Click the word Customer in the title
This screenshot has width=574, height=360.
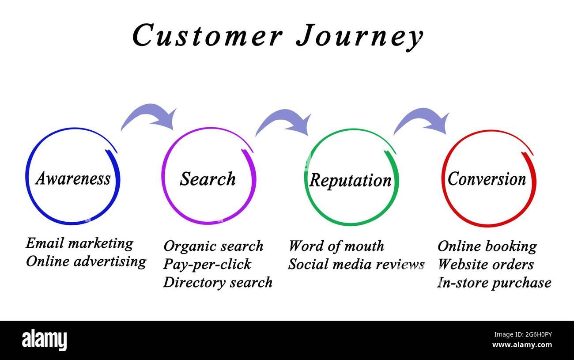(x=207, y=35)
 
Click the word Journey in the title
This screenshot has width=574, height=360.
(x=359, y=36)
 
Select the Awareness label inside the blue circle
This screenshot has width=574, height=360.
(x=73, y=178)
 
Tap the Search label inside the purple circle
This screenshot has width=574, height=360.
(x=208, y=179)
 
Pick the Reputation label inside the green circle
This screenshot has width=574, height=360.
(x=350, y=180)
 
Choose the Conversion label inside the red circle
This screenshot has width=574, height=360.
(x=487, y=179)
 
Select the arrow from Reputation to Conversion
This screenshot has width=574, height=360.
(x=423, y=121)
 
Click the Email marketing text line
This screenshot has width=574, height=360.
(x=79, y=243)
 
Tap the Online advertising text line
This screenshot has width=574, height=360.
(x=86, y=261)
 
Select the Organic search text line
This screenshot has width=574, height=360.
(x=213, y=246)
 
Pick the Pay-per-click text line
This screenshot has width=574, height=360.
(x=207, y=264)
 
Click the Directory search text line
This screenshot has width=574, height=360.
(x=218, y=282)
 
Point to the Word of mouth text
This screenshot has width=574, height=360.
(x=336, y=246)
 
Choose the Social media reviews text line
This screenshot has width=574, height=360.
(x=356, y=264)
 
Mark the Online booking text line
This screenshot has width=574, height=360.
(x=487, y=246)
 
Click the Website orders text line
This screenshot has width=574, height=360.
(x=485, y=264)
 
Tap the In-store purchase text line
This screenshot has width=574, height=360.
(x=494, y=283)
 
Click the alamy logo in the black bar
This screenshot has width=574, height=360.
(x=45, y=340)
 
